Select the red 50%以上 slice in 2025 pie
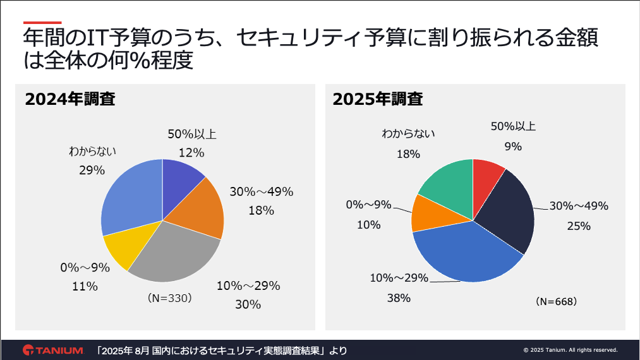tap(486, 174)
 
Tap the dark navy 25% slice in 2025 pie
tap(509, 212)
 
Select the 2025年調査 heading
tap(378, 99)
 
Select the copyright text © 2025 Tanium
tap(571, 350)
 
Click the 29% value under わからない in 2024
tap(92, 170)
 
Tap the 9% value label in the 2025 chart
tap(513, 147)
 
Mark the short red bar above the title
tap(42, 23)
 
